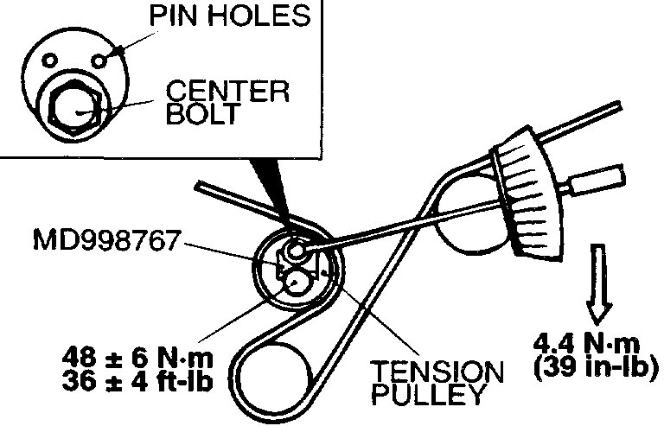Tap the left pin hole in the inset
51,60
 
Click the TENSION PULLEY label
436,384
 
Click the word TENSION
437,373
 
